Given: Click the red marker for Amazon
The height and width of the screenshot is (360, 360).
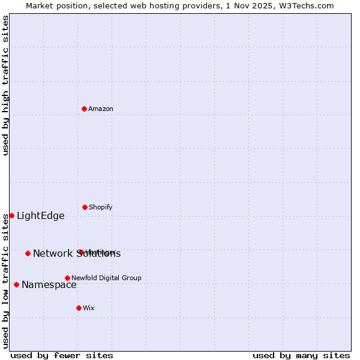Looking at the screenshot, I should (x=84, y=109).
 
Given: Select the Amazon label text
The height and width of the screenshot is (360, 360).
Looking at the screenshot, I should (x=101, y=109).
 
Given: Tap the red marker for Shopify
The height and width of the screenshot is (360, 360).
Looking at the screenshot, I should (x=85, y=207).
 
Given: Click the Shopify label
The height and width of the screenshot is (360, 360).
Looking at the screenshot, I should (x=101, y=207).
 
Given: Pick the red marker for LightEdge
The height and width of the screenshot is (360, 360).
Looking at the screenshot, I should (x=11, y=215).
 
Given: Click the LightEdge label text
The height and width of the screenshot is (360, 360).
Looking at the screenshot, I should (x=40, y=216).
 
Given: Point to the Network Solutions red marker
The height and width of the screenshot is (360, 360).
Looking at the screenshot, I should (x=28, y=253).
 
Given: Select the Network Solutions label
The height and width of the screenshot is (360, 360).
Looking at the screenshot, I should (x=76, y=253).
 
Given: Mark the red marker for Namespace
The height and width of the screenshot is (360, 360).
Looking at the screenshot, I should (x=16, y=284).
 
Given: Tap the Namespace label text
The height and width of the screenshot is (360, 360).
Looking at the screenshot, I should (x=49, y=284).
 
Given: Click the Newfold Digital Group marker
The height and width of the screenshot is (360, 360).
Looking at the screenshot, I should (x=67, y=278).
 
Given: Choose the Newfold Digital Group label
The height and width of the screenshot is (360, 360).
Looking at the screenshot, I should (x=106, y=278).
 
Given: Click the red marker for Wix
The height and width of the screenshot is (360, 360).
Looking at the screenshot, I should (x=79, y=308).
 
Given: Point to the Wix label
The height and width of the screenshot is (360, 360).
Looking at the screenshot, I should (x=89, y=308).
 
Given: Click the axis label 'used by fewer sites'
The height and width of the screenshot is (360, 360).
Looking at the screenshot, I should (x=62, y=355).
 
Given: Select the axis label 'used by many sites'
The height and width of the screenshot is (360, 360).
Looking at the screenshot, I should (x=301, y=355).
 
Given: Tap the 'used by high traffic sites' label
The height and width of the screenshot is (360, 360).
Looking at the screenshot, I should (x=5, y=85).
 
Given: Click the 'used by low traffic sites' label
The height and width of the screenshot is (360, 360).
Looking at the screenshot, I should (x=5, y=281).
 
